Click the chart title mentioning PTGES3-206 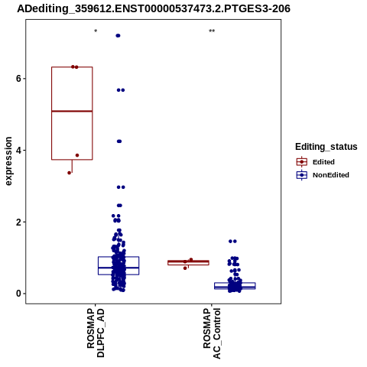click(154, 8)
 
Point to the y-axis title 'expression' click(8, 161)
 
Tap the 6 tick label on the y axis click(18, 79)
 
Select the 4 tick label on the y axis click(18, 151)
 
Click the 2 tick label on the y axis click(18, 222)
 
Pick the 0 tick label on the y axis click(18, 294)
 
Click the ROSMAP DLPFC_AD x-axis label click(96, 333)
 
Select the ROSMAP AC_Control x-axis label click(212, 333)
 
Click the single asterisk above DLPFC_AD click(96, 31)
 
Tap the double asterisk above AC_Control click(212, 31)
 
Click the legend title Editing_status click(326, 147)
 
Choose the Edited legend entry click(316, 162)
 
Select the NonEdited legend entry click(323, 175)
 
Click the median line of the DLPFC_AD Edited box click(72, 111)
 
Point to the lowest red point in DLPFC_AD click(69, 173)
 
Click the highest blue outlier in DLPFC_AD click(118, 36)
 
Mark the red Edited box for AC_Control click(188, 263)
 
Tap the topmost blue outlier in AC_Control click(232, 241)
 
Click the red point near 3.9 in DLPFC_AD click(77, 155)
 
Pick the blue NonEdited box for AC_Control click(235, 286)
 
